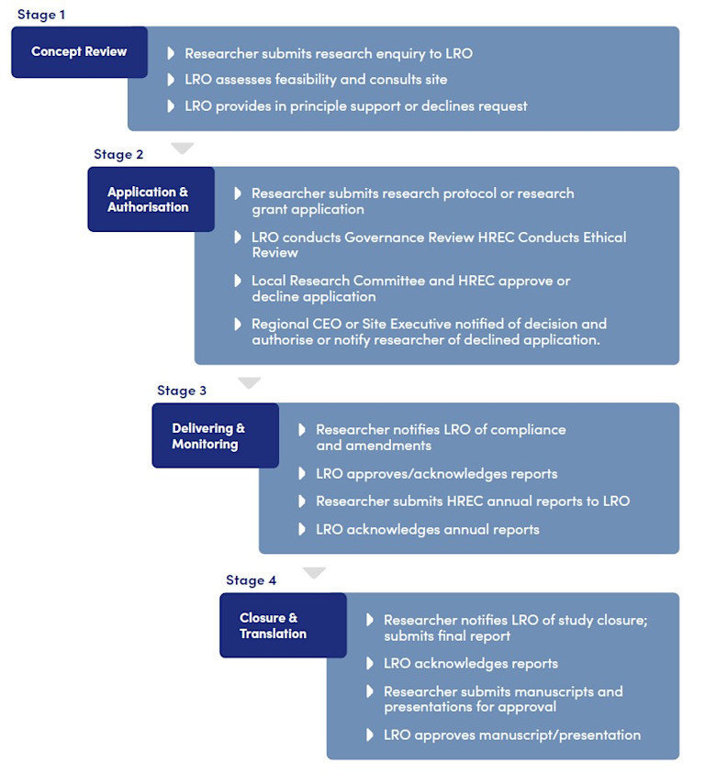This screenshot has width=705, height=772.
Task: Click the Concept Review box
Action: (x=79, y=51)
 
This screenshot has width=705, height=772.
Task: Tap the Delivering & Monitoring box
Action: (x=215, y=436)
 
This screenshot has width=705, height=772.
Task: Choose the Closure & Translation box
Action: (x=283, y=624)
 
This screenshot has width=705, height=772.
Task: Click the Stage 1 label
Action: (x=41, y=15)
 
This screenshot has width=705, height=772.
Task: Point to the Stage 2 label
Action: (x=118, y=154)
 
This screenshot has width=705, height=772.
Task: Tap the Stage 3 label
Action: (x=182, y=391)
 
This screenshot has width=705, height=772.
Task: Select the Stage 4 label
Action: (x=251, y=580)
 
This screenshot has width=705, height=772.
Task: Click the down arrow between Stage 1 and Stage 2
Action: (x=183, y=148)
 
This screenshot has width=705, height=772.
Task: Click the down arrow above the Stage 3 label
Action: (x=249, y=382)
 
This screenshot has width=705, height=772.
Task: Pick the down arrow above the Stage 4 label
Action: (x=314, y=573)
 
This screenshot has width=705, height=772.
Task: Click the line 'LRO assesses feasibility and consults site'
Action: (x=316, y=80)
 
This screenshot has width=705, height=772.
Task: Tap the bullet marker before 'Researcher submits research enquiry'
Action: (x=172, y=53)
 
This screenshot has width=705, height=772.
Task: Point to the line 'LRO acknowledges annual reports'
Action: (x=427, y=529)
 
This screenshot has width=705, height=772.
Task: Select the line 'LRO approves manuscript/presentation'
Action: (x=511, y=734)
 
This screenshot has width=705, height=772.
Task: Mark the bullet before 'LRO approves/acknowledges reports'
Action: (x=303, y=474)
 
